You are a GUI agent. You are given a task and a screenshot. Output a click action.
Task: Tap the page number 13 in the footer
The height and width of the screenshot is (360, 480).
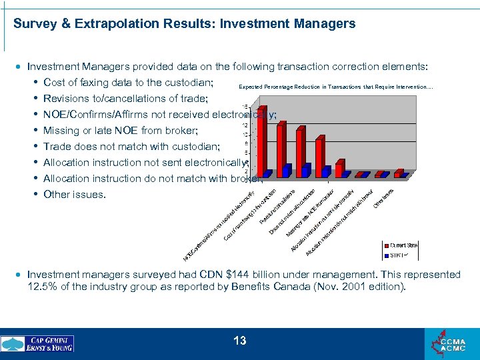tap(240, 341)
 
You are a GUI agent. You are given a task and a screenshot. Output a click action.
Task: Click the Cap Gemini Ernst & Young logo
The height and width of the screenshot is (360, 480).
tap(38, 344)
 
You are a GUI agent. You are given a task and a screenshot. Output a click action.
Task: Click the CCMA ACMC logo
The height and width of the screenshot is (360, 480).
tap(453, 344)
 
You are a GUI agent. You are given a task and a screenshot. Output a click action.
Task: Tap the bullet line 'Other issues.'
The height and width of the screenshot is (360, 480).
tap(74, 195)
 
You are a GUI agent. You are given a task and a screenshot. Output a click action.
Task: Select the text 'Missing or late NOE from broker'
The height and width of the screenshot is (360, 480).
tap(121, 131)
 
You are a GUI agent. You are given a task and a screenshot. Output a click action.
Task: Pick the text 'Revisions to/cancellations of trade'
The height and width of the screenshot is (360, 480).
tap(125, 99)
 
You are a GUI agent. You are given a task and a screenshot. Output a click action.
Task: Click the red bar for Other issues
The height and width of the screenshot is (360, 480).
tap(398, 173)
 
